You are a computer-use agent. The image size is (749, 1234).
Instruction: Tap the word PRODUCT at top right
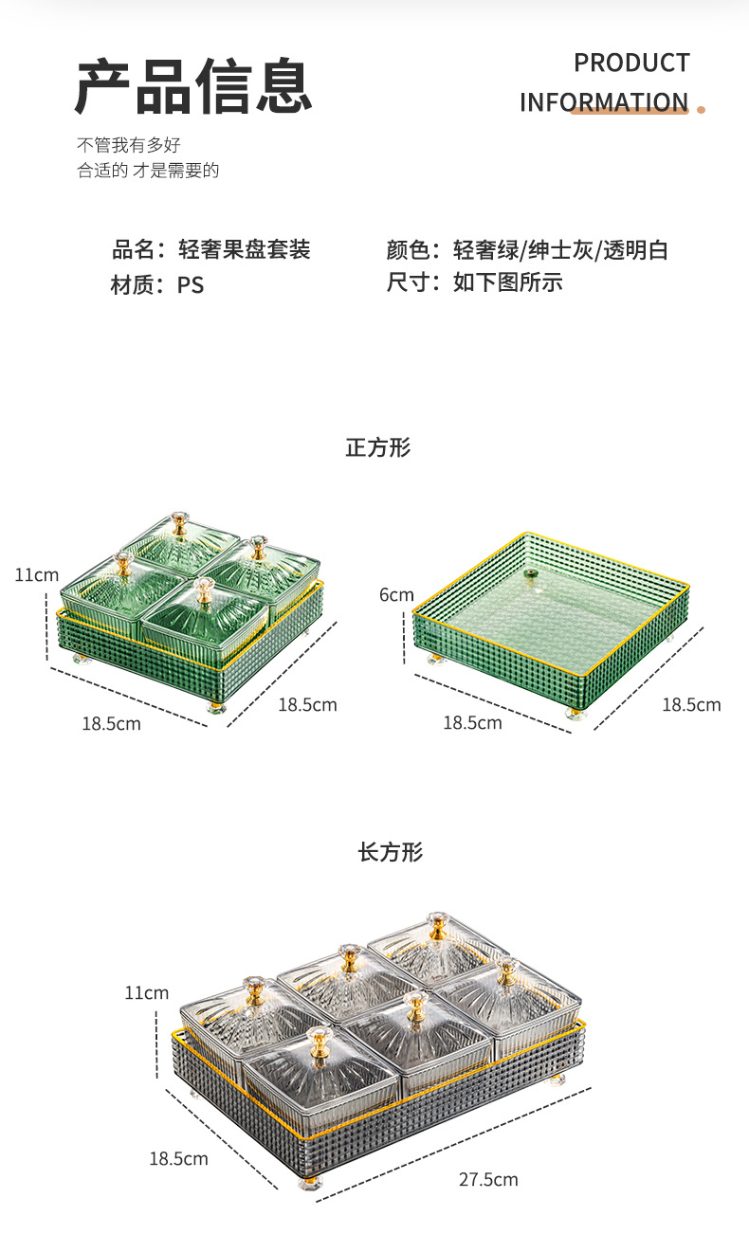click(631, 64)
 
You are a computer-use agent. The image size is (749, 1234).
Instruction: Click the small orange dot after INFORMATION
click(702, 109)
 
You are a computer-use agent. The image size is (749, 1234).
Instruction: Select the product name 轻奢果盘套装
click(245, 250)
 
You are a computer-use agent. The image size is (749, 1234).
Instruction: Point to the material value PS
click(191, 284)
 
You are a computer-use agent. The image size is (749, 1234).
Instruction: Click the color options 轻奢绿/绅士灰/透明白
click(560, 250)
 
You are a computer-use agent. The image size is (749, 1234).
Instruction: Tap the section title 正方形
click(377, 447)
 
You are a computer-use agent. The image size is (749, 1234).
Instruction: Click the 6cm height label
click(396, 595)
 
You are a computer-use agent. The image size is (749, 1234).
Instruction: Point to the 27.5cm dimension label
click(488, 1180)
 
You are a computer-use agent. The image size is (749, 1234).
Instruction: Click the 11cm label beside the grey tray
click(146, 993)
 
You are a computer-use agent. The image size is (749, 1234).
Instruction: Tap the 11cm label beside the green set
click(36, 575)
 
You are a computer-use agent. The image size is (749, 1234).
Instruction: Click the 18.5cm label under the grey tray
click(178, 1158)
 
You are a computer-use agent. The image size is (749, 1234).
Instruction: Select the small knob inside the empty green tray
click(530, 573)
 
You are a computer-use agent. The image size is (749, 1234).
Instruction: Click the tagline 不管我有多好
click(128, 145)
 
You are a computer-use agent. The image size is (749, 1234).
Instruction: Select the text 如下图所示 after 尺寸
click(508, 282)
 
